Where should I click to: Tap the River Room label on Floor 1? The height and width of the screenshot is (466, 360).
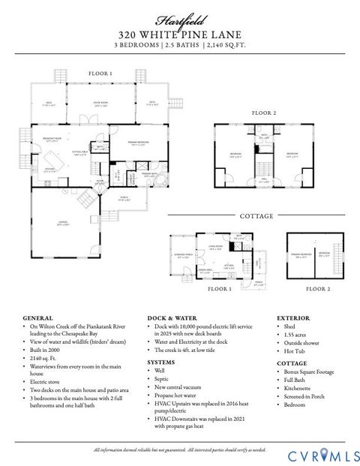tap(101, 103)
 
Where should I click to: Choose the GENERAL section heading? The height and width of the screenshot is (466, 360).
tap(38, 318)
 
